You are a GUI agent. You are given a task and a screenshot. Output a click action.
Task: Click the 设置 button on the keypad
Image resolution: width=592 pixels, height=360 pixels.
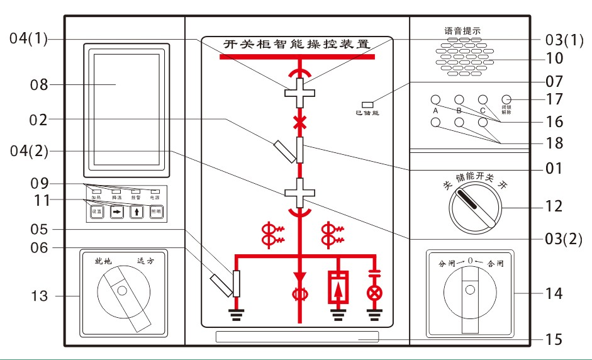(96, 212)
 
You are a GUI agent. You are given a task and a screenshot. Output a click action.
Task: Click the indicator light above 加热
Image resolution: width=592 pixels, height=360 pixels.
(96, 191)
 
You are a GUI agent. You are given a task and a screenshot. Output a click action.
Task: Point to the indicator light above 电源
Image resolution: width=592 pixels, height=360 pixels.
(155, 191)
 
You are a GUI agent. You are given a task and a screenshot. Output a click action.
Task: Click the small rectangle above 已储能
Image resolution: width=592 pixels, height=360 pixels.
(367, 104)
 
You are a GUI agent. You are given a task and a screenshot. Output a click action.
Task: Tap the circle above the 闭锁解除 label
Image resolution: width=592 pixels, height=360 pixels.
(506, 100)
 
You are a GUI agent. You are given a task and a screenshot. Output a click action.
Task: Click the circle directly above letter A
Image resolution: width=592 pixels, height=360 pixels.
(435, 100)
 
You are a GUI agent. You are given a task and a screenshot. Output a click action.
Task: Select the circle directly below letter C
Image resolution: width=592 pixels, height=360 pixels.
(483, 123)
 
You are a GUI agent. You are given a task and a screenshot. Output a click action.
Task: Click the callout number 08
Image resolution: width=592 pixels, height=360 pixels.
(40, 84)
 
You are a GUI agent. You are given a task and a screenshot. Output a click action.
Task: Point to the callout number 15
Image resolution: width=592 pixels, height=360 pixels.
(554, 340)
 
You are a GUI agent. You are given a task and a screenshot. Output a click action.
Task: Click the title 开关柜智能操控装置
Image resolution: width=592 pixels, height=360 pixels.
(297, 45)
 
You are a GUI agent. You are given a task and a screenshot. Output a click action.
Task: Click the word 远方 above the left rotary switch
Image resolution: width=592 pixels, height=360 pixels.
(145, 261)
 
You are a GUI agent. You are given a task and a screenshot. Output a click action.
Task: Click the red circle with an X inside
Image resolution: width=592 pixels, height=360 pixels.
(375, 293)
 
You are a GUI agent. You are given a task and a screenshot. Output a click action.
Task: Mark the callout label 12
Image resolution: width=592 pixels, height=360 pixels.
(554, 206)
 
